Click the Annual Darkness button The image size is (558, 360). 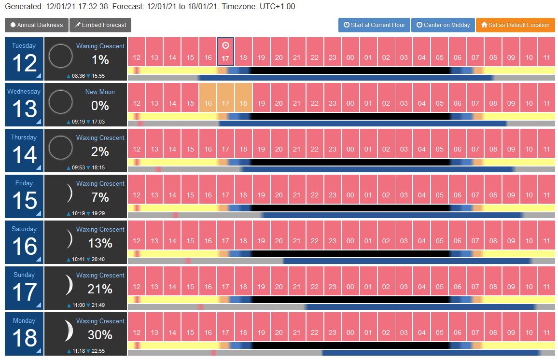click(x=36, y=25)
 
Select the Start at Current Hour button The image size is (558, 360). click(x=374, y=25)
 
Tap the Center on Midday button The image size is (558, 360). click(x=443, y=25)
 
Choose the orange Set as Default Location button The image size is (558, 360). click(x=516, y=25)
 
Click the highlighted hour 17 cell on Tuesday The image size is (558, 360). click(x=225, y=52)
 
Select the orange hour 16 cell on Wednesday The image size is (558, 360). click(x=208, y=97)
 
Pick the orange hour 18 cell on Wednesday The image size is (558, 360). click(x=243, y=97)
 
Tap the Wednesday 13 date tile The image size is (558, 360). click(x=24, y=105)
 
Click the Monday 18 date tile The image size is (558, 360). click(x=24, y=333)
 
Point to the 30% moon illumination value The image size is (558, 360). click(x=100, y=335)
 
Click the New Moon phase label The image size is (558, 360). click(x=100, y=92)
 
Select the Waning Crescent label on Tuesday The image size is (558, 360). click(x=100, y=46)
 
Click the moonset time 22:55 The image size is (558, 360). click(x=98, y=351)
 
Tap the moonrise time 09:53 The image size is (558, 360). click(x=78, y=167)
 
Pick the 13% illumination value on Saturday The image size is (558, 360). click(x=100, y=243)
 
